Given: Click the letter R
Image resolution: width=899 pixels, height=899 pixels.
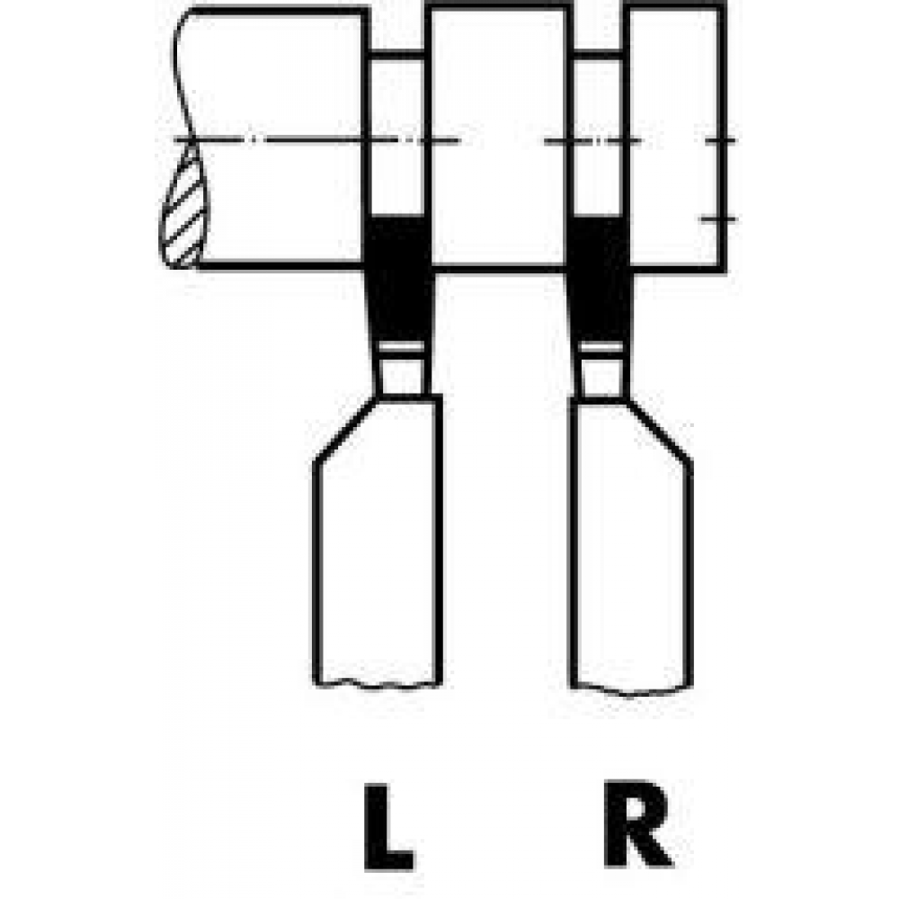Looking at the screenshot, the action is (637, 823).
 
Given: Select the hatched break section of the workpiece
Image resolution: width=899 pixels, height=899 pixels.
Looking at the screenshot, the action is (184, 207).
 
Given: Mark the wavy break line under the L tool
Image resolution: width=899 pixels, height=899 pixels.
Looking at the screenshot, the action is (378, 684).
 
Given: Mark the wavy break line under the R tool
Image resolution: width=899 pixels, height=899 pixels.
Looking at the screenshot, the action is (631, 690).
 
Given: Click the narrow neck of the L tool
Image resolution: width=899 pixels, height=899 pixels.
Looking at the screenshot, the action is (403, 376).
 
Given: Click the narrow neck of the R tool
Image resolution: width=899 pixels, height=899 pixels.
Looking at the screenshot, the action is (601, 377).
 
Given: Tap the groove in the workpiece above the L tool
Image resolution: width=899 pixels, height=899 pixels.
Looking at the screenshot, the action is (396, 133).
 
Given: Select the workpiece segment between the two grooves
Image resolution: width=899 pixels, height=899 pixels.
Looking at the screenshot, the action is (498, 138).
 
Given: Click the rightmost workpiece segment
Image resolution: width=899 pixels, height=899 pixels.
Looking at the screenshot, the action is (675, 138).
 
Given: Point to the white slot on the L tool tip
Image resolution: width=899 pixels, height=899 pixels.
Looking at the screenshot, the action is (402, 347).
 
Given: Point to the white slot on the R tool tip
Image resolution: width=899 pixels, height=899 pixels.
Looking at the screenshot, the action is (601, 347).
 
